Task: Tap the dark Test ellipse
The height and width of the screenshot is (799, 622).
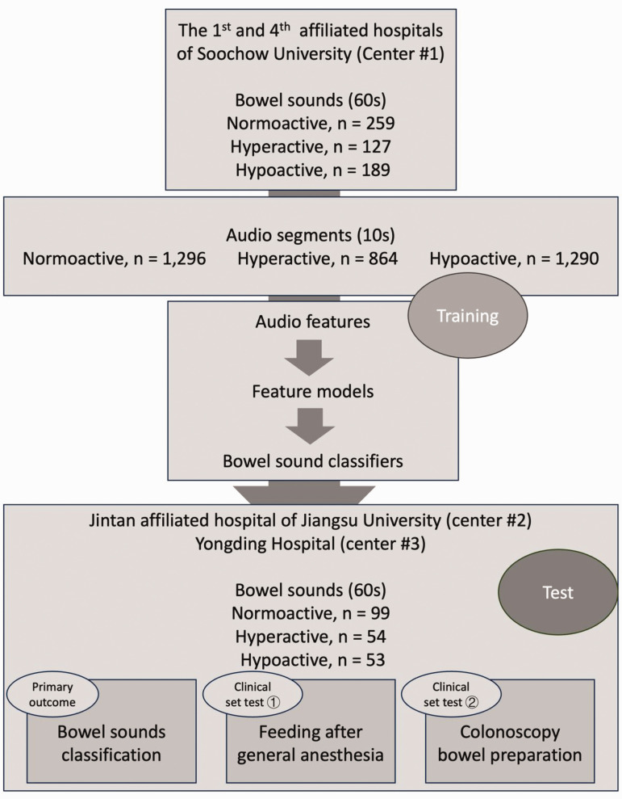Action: point(557,592)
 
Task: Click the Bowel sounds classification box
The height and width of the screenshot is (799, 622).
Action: point(111,743)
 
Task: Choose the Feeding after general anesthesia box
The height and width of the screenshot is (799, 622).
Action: point(311,743)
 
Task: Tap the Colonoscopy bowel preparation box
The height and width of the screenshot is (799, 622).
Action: point(510,743)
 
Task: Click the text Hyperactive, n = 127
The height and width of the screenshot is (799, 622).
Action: point(311,149)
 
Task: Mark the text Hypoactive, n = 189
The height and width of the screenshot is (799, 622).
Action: point(311,170)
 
